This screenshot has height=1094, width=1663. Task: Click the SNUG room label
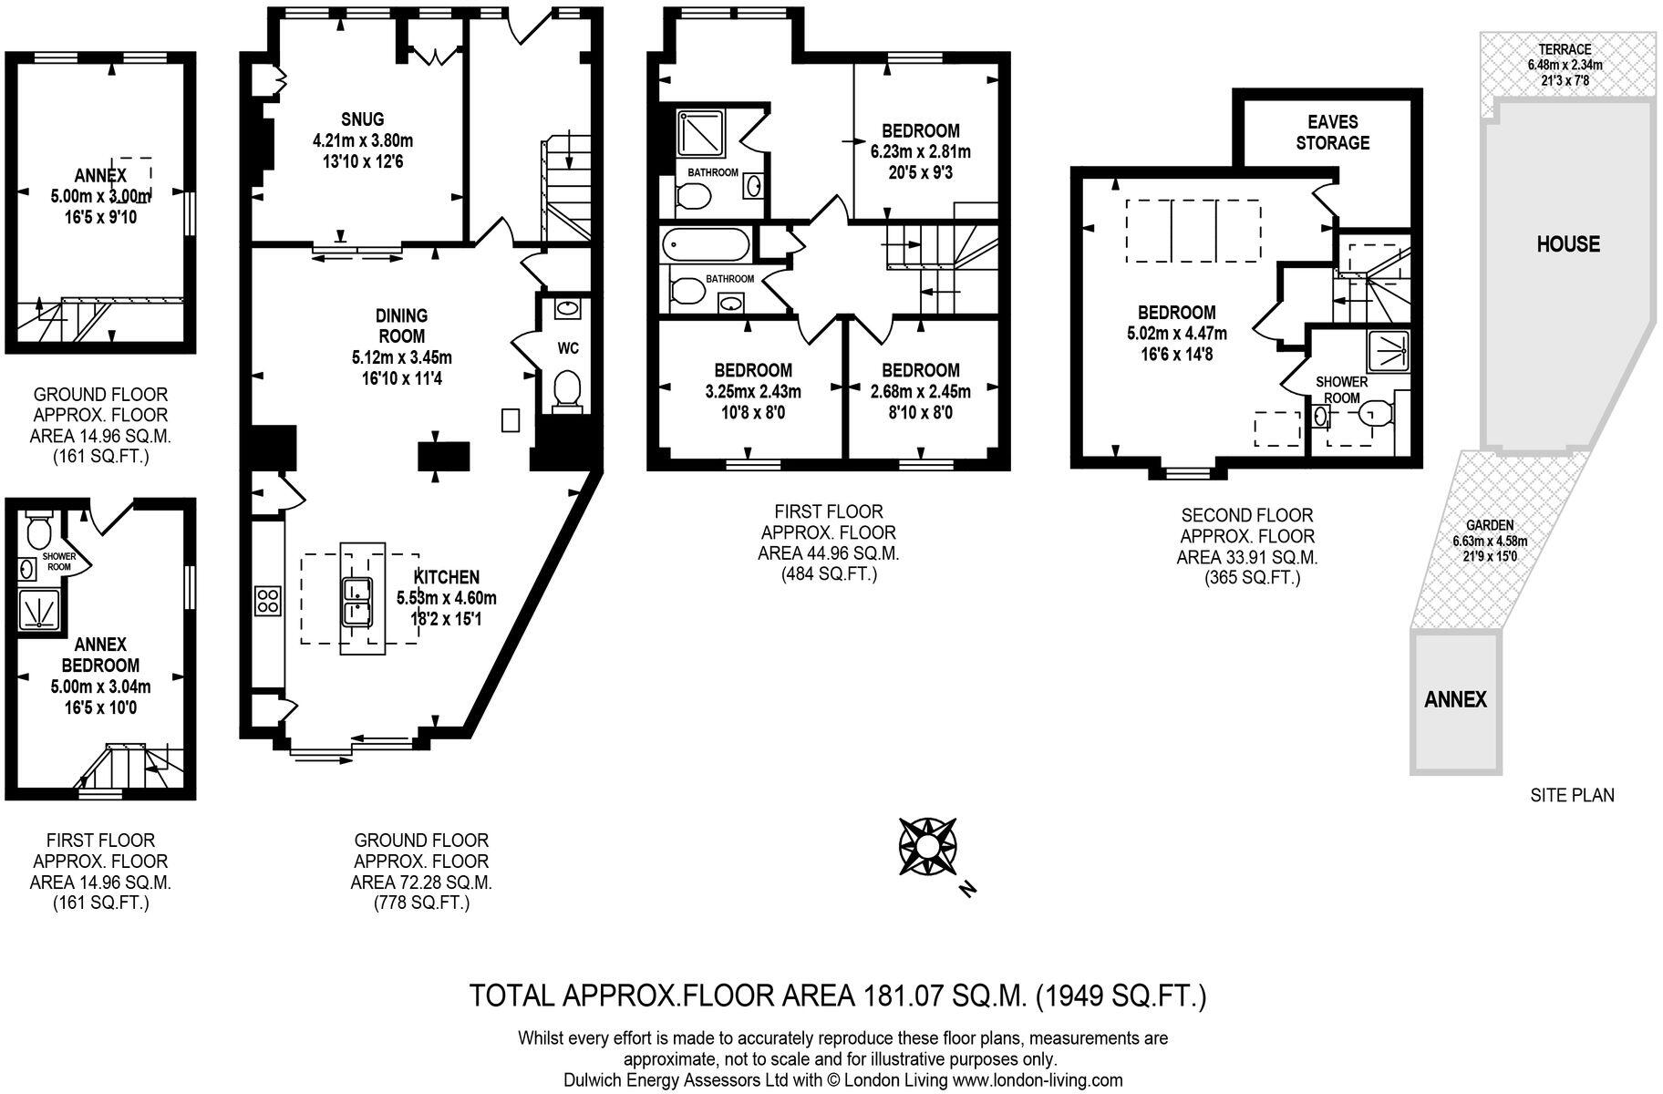362,119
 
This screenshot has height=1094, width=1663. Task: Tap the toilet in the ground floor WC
567,387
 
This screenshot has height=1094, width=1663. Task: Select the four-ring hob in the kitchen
269,601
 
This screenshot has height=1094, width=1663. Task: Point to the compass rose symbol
925,846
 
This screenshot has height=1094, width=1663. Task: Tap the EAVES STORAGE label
1332,132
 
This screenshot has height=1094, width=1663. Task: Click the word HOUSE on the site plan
1567,243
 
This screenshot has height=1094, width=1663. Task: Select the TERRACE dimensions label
1565,65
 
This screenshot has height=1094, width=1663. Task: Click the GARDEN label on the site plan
1490,525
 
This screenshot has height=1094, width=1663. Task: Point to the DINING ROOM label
401,325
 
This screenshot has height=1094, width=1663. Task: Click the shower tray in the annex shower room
39,610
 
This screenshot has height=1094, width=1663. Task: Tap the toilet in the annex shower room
39,531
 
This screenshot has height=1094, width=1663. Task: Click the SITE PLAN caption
1571,795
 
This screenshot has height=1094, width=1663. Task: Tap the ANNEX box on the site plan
1455,700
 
